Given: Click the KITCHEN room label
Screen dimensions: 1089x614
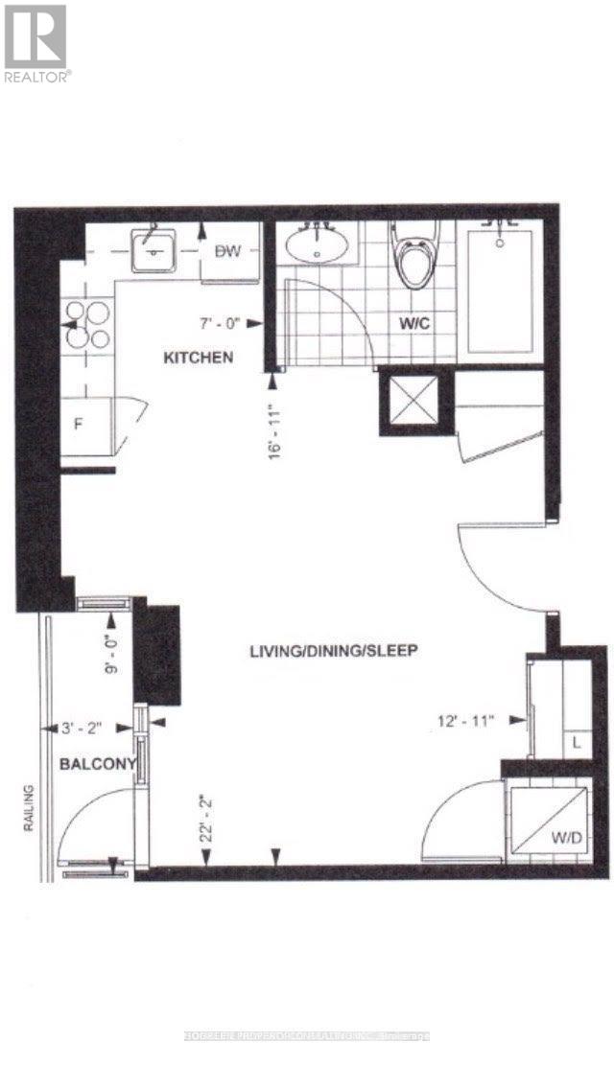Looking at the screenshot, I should [199, 358].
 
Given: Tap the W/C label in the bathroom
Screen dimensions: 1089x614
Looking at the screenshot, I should [413, 324].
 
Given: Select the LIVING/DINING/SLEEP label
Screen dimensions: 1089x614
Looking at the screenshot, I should [333, 650].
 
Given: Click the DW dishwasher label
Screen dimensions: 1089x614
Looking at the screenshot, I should [227, 251].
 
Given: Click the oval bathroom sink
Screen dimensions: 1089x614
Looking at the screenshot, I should [317, 246].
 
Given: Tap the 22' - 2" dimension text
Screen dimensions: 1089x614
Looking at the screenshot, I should [205, 818].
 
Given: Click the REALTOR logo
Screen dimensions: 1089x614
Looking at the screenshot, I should [35, 42].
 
